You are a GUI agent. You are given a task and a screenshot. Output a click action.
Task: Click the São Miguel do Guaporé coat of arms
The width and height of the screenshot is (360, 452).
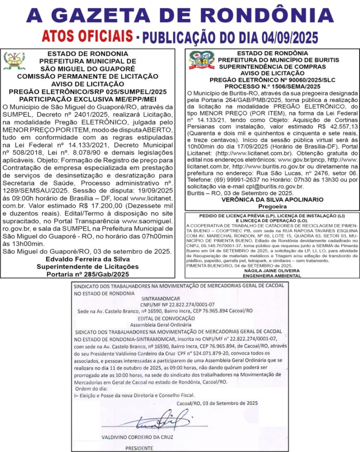click(14, 61)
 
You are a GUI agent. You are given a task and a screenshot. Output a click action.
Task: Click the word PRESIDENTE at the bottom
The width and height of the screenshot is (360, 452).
click(139, 448)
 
